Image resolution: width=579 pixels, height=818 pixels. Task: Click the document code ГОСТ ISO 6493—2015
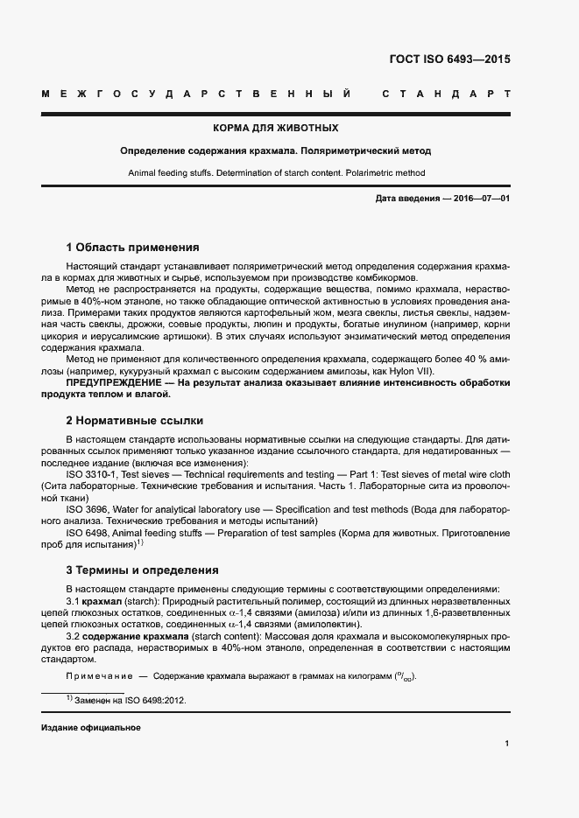tap(448, 60)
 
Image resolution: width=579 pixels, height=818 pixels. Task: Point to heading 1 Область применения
tap(132, 248)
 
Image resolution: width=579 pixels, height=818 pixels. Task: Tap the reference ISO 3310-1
tap(91, 473)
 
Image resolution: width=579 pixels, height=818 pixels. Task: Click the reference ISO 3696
tap(86, 508)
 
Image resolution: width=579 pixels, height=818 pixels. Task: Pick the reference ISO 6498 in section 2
tap(86, 531)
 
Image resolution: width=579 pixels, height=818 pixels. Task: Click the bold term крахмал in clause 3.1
tap(102, 602)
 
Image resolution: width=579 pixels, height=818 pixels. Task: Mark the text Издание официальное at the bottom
tap(91, 728)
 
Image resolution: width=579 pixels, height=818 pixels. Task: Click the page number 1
tap(507, 744)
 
